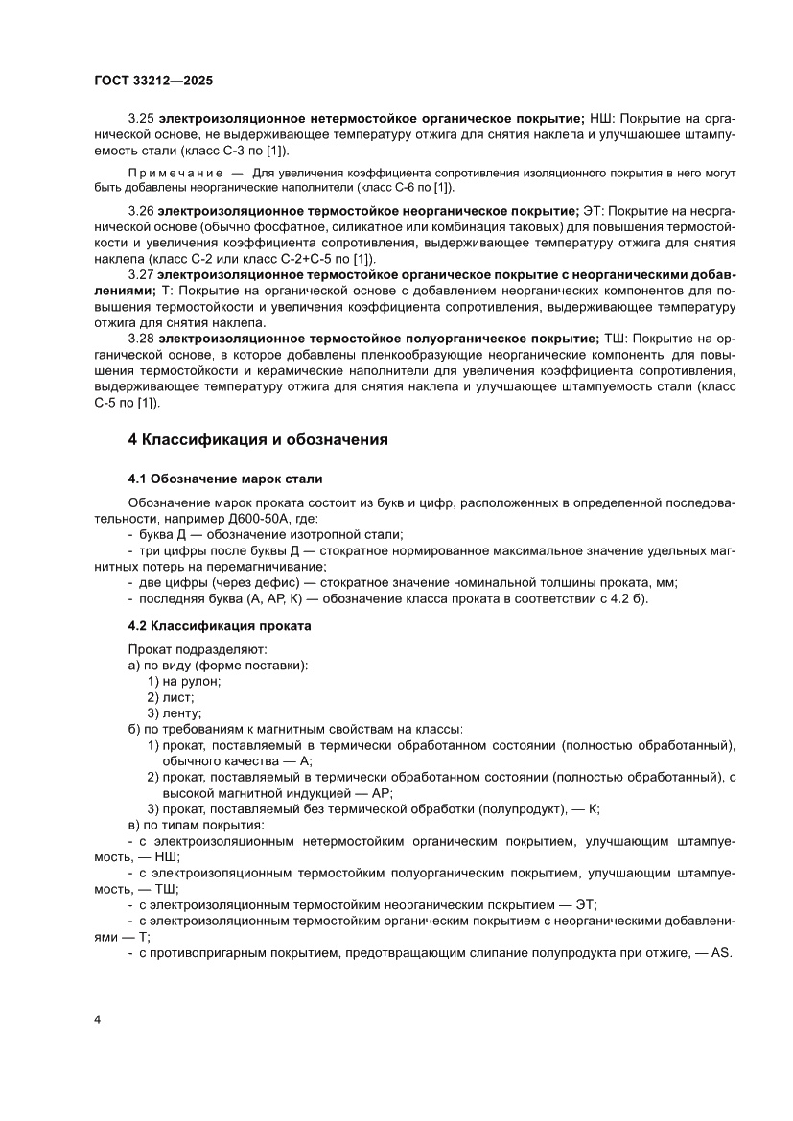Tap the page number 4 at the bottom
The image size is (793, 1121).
tap(98, 1018)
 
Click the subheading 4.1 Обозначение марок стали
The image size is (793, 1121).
tap(225, 478)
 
